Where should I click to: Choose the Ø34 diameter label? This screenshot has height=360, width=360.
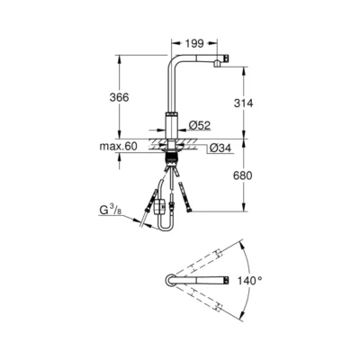[220, 148]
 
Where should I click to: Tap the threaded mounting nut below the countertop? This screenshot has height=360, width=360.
[171, 157]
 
